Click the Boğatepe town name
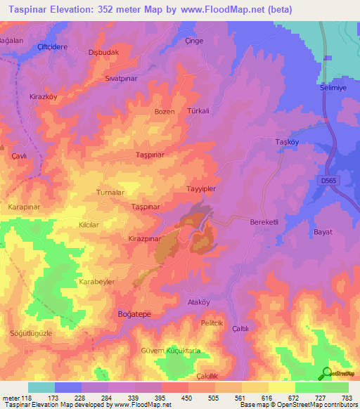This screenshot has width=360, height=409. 135,316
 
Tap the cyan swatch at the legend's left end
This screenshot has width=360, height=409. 41,387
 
